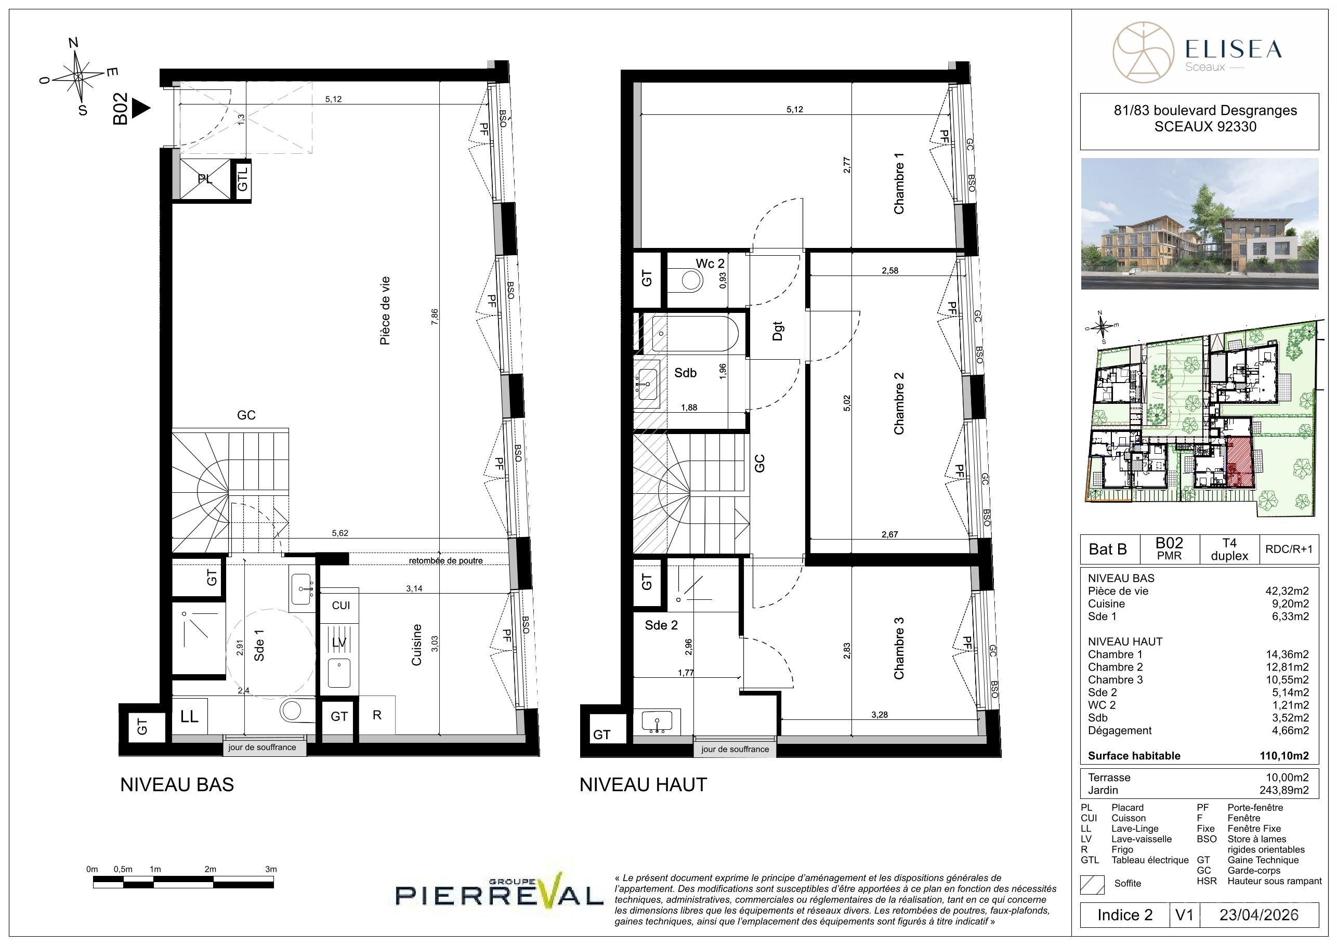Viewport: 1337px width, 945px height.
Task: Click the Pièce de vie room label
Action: pyautogui.click(x=384, y=310)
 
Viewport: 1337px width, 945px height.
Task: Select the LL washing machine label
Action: pyautogui.click(x=189, y=716)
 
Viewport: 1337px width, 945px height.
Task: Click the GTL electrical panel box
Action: pyautogui.click(x=242, y=179)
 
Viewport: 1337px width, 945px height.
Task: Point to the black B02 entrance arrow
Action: pyautogui.click(x=140, y=108)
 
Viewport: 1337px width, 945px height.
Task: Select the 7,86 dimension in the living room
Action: pyautogui.click(x=435, y=316)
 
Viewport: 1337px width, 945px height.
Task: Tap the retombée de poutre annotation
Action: pyautogui.click(x=445, y=561)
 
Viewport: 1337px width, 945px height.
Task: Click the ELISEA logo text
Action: pyautogui.click(x=1234, y=49)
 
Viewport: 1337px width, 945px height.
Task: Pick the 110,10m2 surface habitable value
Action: pyautogui.click(x=1284, y=756)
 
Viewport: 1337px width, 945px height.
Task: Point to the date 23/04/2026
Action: pyautogui.click(x=1259, y=915)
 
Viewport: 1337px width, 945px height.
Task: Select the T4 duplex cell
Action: pyautogui.click(x=1229, y=549)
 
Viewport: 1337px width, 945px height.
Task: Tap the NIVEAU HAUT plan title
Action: pyautogui.click(x=643, y=785)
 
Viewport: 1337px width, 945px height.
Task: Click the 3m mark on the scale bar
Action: pyautogui.click(x=271, y=869)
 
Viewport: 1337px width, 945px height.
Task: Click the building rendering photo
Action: pyautogui.click(x=1200, y=224)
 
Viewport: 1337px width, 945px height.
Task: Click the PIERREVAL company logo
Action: pyautogui.click(x=499, y=892)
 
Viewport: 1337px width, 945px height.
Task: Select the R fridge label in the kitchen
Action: pyautogui.click(x=377, y=715)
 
